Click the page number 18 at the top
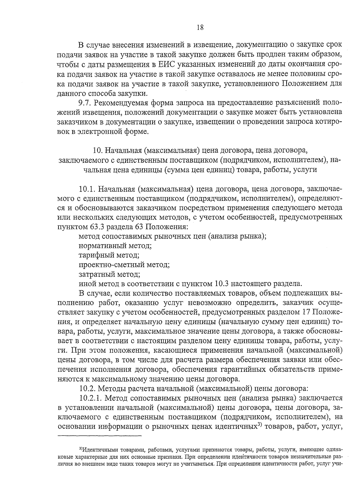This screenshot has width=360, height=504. [x=200, y=28]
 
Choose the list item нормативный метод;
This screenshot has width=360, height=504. [x=115, y=246]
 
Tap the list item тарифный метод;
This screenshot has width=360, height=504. [x=109, y=255]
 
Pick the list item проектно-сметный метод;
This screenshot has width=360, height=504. [x=124, y=265]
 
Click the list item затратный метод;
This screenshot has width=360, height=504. [x=109, y=274]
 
